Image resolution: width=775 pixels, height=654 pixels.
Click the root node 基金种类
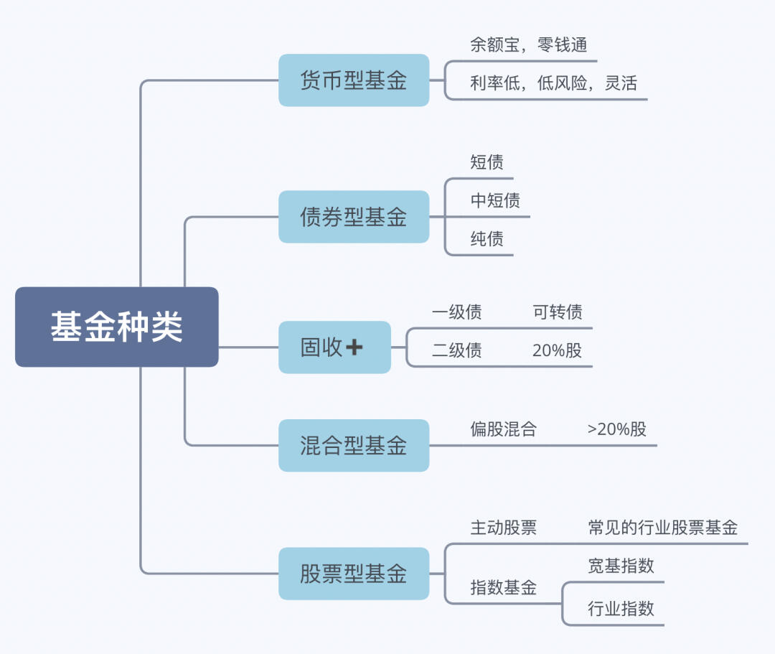(116, 327)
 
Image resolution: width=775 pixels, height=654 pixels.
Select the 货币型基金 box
(353, 80)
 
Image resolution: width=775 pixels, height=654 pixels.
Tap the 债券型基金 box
(353, 217)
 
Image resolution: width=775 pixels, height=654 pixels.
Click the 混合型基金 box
(353, 446)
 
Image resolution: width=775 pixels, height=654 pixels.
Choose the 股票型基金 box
(353, 574)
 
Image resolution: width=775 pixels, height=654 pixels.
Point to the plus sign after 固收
(354, 347)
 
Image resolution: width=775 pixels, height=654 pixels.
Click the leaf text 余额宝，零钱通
(528, 45)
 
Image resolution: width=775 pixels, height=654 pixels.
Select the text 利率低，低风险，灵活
(553, 83)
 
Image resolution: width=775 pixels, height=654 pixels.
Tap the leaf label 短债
(487, 162)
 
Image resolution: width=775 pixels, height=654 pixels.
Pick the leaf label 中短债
(495, 201)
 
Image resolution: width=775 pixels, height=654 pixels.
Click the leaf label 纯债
(487, 239)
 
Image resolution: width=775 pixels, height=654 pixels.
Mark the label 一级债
(456, 312)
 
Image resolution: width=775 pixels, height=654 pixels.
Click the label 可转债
(558, 312)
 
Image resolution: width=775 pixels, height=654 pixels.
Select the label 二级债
(456, 350)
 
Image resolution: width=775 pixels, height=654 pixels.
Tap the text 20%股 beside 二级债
(557, 350)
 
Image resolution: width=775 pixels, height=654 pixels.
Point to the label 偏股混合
(503, 429)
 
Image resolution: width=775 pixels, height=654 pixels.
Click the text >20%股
(616, 429)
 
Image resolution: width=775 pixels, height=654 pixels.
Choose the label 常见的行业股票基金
(662, 528)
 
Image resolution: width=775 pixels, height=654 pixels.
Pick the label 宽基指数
(621, 566)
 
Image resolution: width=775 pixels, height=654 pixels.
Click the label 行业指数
(621, 609)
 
